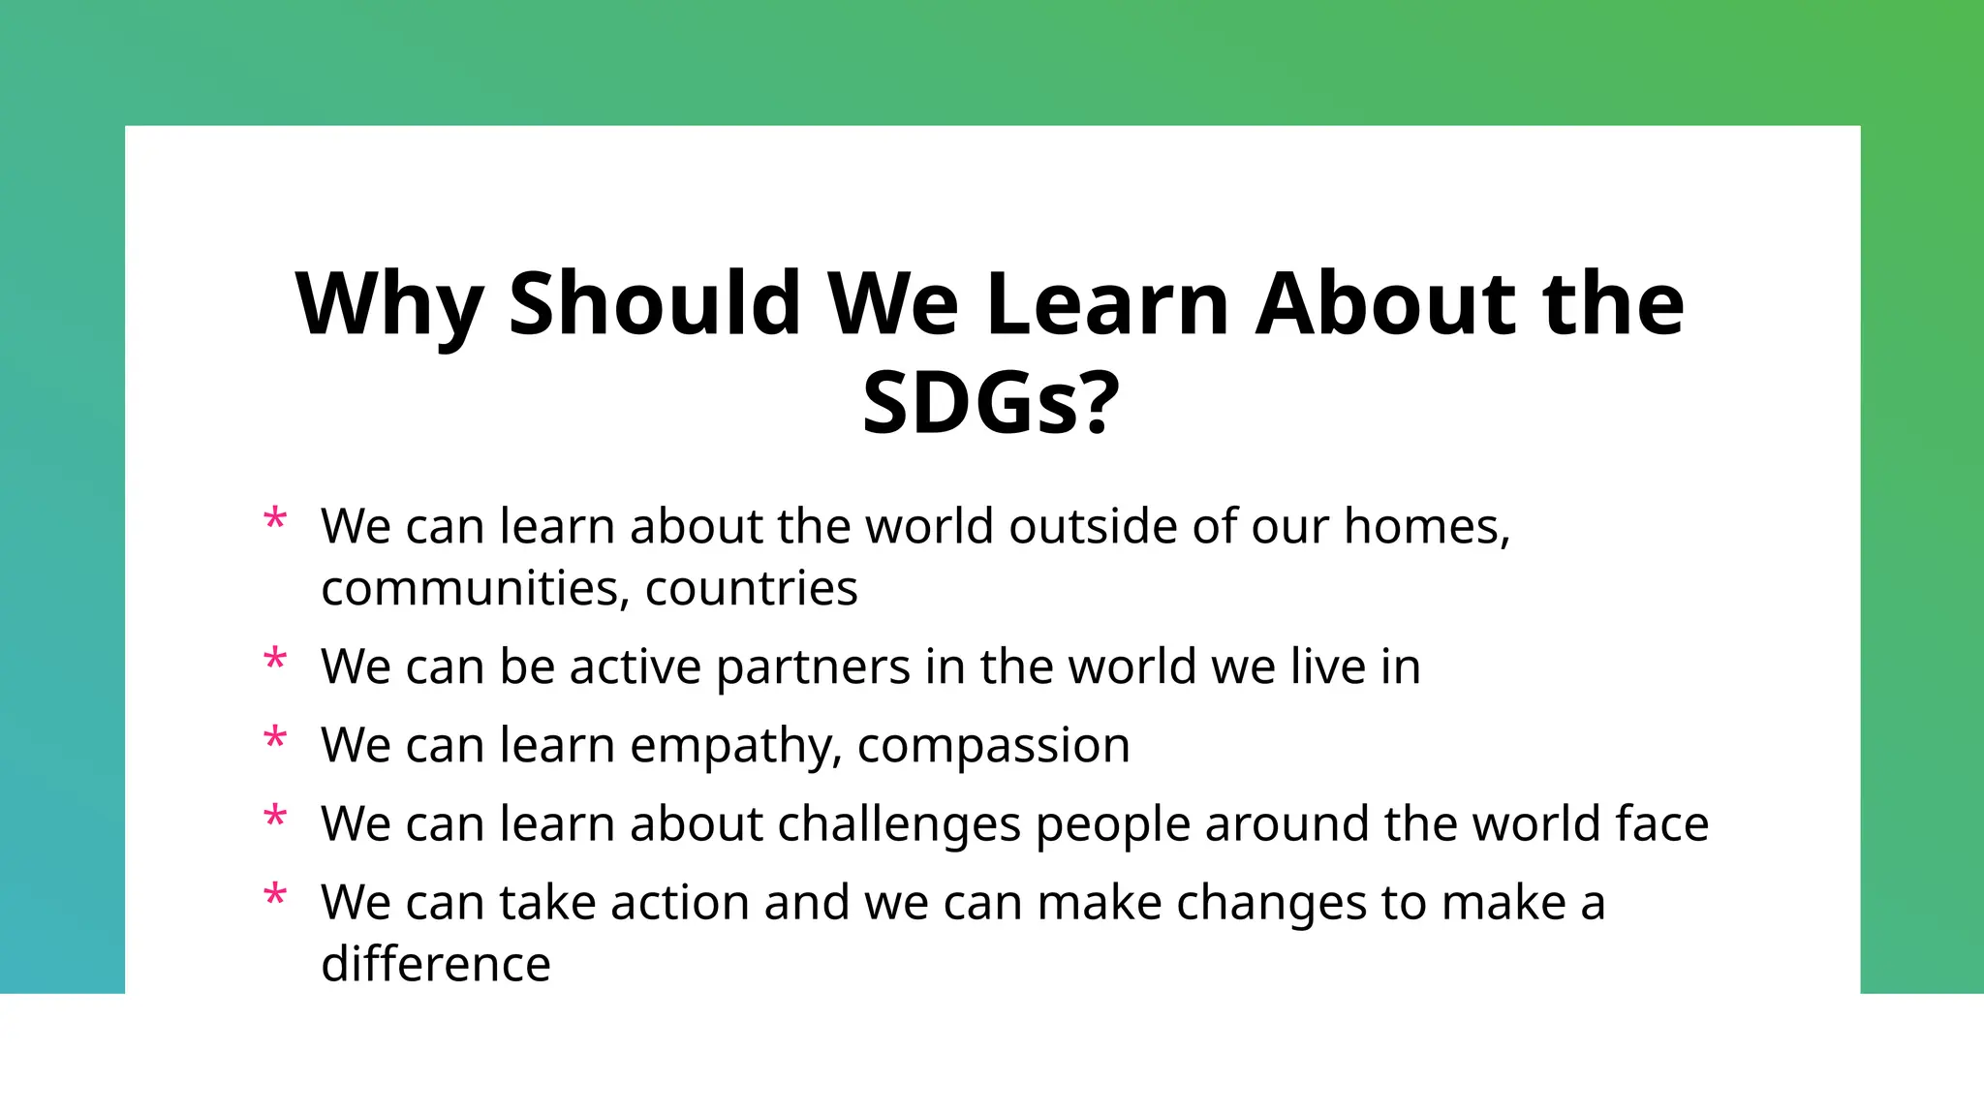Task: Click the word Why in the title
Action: [x=388, y=306]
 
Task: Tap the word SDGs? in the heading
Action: [x=991, y=403]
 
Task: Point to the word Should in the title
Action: [x=654, y=304]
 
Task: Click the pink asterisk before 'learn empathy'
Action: [x=275, y=740]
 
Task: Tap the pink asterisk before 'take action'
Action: [x=275, y=897]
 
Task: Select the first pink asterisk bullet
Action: [x=275, y=521]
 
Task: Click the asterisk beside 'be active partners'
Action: [x=275, y=662]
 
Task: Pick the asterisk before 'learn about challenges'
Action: [x=275, y=819]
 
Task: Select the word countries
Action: [x=751, y=589]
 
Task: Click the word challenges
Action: [x=898, y=825]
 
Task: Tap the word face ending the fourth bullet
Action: [x=1661, y=825]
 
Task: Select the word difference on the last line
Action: [x=435, y=965]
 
